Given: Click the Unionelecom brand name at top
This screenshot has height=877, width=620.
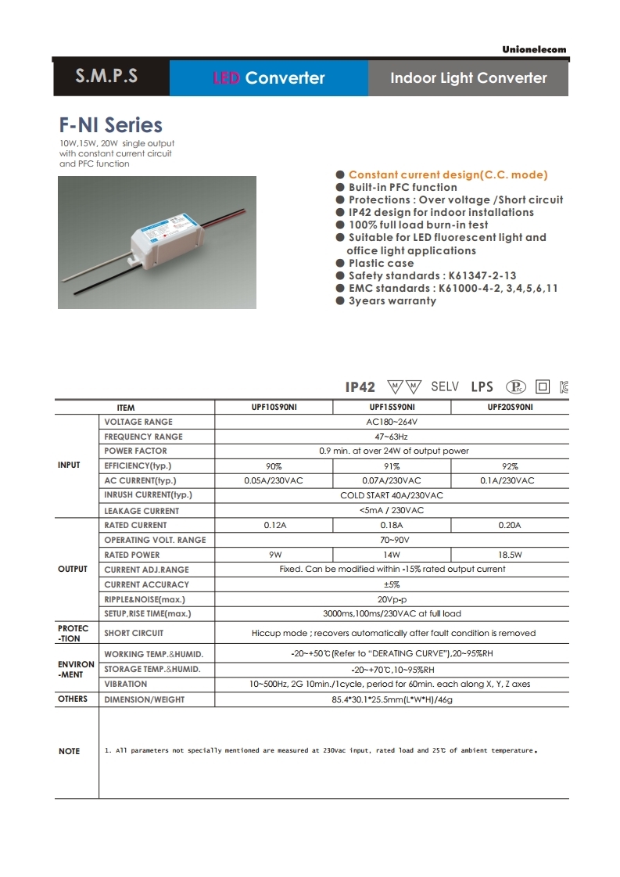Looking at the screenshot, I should click(x=534, y=49).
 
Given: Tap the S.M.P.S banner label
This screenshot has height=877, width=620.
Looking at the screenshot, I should click(x=106, y=77).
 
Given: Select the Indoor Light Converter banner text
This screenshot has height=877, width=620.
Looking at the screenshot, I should click(x=468, y=77).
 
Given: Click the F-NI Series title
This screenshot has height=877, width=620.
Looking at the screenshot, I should click(x=111, y=125).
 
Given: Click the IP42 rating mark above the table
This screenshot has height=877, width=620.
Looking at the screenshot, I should click(x=360, y=387).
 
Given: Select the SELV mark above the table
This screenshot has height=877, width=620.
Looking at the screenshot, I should click(x=445, y=386).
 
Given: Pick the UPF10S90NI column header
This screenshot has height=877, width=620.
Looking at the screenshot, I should click(x=273, y=408).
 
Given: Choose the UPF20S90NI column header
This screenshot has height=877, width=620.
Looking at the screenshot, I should click(x=511, y=408).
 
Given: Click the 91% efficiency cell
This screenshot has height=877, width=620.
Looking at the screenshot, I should click(x=392, y=466).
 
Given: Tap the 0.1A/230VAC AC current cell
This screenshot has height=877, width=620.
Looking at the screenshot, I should click(x=507, y=481).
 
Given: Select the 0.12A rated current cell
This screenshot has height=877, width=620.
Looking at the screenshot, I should click(x=274, y=526).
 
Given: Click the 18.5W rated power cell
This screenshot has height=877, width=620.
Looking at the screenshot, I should click(x=509, y=555).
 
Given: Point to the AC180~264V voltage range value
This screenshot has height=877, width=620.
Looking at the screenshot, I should click(x=392, y=422).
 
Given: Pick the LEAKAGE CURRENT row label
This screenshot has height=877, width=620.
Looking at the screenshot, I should click(x=142, y=511).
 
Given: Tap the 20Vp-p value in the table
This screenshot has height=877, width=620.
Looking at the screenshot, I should click(x=392, y=599).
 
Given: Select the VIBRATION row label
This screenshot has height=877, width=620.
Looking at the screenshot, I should click(x=125, y=684).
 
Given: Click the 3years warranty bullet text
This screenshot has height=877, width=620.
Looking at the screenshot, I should click(x=392, y=301).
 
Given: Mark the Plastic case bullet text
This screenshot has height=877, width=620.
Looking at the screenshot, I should click(x=381, y=264).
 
